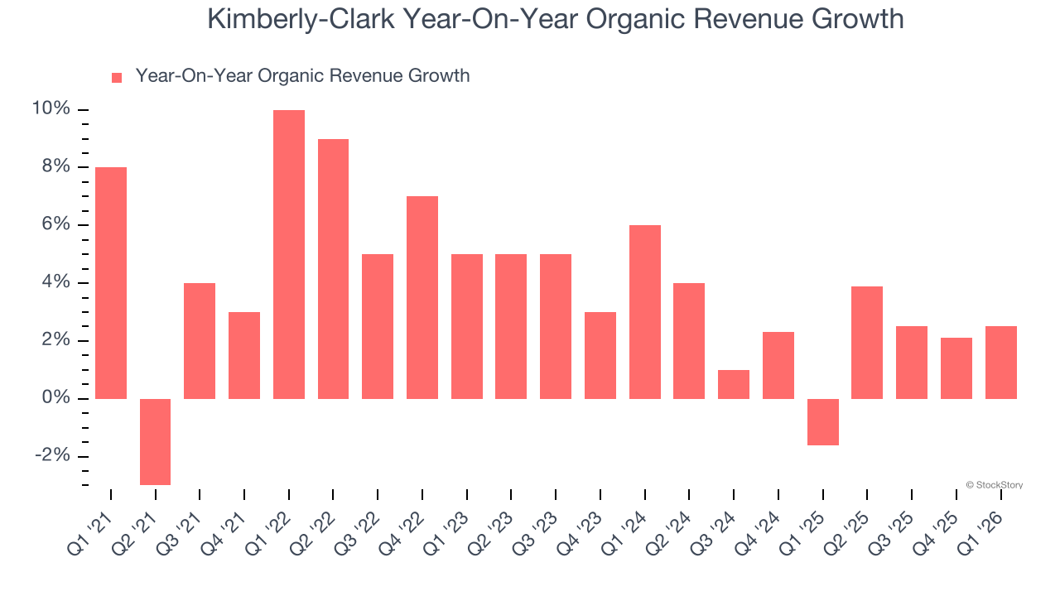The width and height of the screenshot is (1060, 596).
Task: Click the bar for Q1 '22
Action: [x=289, y=254]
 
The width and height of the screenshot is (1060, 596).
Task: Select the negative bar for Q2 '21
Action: [x=155, y=441]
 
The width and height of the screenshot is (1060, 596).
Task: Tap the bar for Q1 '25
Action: [x=823, y=422]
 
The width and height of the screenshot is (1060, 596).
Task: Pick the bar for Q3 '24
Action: [x=734, y=384]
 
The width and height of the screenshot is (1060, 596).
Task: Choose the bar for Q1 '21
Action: [x=111, y=283]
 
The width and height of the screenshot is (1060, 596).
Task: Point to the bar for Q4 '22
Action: [x=422, y=297]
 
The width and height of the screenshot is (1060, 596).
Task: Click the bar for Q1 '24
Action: [x=645, y=312]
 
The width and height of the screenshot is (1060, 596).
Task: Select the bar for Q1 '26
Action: [x=1001, y=363]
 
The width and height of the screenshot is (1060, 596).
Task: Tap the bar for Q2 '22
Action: [x=333, y=269]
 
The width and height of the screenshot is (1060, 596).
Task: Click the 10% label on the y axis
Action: [x=51, y=109]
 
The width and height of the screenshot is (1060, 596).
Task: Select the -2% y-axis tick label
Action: [x=52, y=456]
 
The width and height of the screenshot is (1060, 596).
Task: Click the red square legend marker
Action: [x=117, y=77]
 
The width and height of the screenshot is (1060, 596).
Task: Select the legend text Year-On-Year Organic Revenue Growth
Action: [x=302, y=76]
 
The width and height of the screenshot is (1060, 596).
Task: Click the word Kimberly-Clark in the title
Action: [x=301, y=18]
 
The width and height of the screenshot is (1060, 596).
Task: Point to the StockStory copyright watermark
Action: [x=994, y=485]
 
